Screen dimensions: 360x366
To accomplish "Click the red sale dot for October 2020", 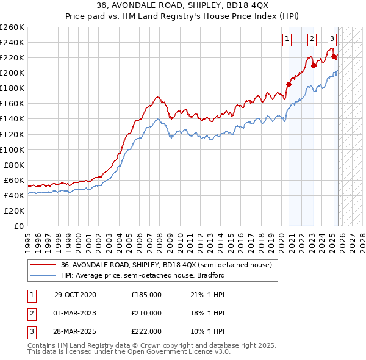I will (289, 84).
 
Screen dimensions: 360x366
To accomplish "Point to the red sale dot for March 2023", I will (313, 65).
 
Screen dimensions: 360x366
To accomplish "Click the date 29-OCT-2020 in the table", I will (75, 295).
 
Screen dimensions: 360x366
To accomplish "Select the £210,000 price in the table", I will (146, 313).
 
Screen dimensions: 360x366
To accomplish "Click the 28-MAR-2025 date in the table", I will (75, 331).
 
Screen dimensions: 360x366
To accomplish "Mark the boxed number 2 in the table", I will (31, 313).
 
